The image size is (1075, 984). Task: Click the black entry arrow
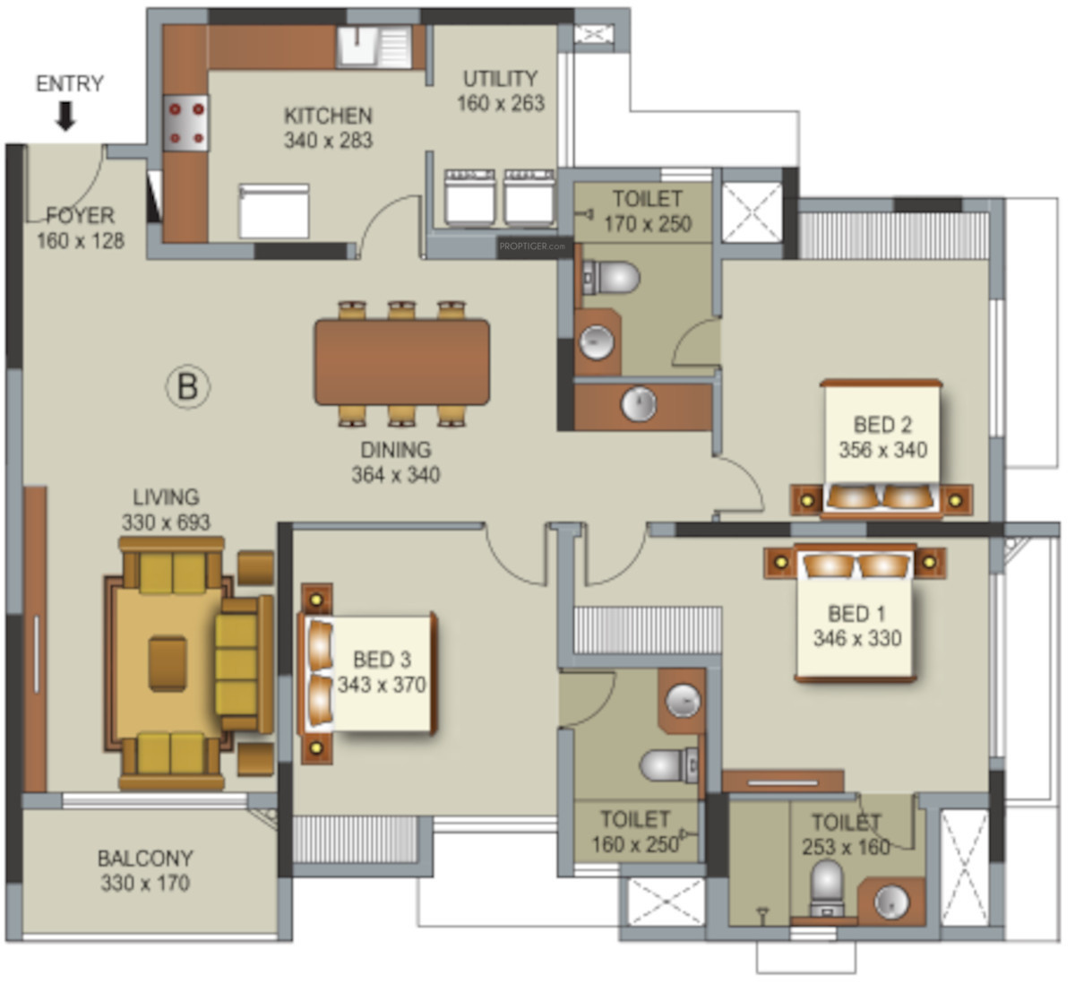pos(65,117)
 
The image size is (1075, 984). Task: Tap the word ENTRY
pos(70,83)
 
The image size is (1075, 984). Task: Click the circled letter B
pos(187,386)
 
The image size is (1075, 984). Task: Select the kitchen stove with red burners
pos(186,124)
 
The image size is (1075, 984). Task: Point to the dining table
pos(402,362)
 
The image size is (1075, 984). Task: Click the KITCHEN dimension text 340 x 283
pos(328,141)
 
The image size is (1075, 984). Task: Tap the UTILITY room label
pos(500,79)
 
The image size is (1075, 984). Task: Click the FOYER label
pos(81,216)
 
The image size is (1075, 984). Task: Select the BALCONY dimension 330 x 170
pos(145,884)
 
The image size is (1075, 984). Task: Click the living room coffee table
pos(168,663)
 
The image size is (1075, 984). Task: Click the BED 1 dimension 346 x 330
pos(857,638)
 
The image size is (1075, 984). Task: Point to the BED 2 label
pos(882,425)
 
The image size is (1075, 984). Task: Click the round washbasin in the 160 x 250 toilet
pos(684,701)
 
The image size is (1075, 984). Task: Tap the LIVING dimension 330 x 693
pos(166,522)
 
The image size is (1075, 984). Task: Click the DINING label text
pos(396,450)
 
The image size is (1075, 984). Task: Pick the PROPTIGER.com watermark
pos(532,246)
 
